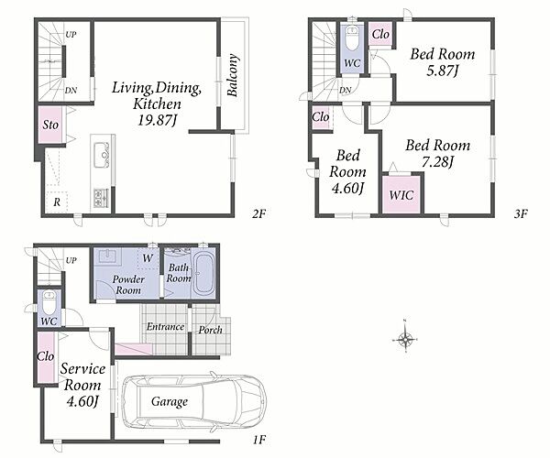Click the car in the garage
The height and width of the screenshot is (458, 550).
pyautogui.click(x=194, y=401)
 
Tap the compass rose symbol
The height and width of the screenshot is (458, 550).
pyautogui.click(x=405, y=339)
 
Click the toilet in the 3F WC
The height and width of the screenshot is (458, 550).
pyautogui.click(x=352, y=38)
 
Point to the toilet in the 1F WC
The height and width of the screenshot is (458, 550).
pyautogui.click(x=49, y=304)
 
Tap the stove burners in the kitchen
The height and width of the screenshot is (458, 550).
pyautogui.click(x=101, y=197)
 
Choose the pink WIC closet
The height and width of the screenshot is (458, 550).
pyautogui.click(x=401, y=194)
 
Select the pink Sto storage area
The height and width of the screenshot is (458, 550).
pyautogui.click(x=50, y=125)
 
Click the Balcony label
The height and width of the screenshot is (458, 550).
pyautogui.click(x=232, y=74)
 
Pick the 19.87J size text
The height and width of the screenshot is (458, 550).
pyautogui.click(x=157, y=120)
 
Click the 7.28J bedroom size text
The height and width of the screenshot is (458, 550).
pyautogui.click(x=437, y=162)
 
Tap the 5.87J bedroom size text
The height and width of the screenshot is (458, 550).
pyautogui.click(x=443, y=71)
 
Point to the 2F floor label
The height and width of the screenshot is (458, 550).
pyautogui.click(x=259, y=213)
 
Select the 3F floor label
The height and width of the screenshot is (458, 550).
pyautogui.click(x=521, y=213)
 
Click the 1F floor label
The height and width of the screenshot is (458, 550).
pyautogui.click(x=259, y=439)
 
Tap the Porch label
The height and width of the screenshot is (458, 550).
pyautogui.click(x=210, y=330)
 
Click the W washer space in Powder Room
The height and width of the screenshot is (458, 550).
pyautogui.click(x=148, y=258)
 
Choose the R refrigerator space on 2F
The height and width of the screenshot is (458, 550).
pyautogui.click(x=57, y=202)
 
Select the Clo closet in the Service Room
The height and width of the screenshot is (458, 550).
pyautogui.click(x=46, y=356)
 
